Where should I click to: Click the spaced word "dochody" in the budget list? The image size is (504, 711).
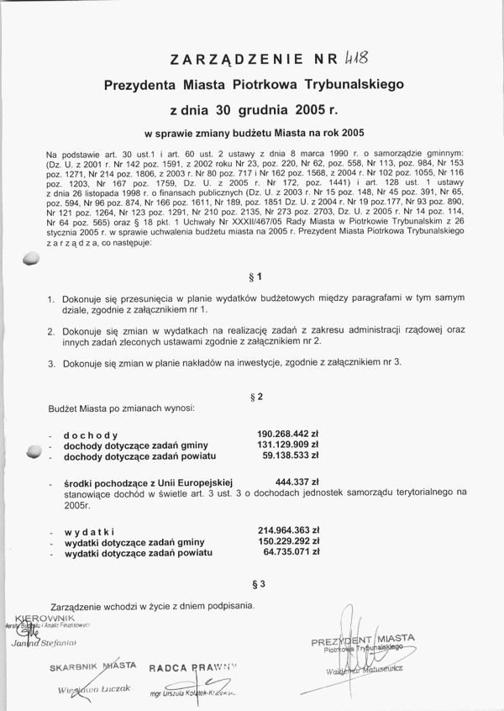(90, 434)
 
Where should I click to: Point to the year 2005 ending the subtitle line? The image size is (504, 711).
(350, 132)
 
